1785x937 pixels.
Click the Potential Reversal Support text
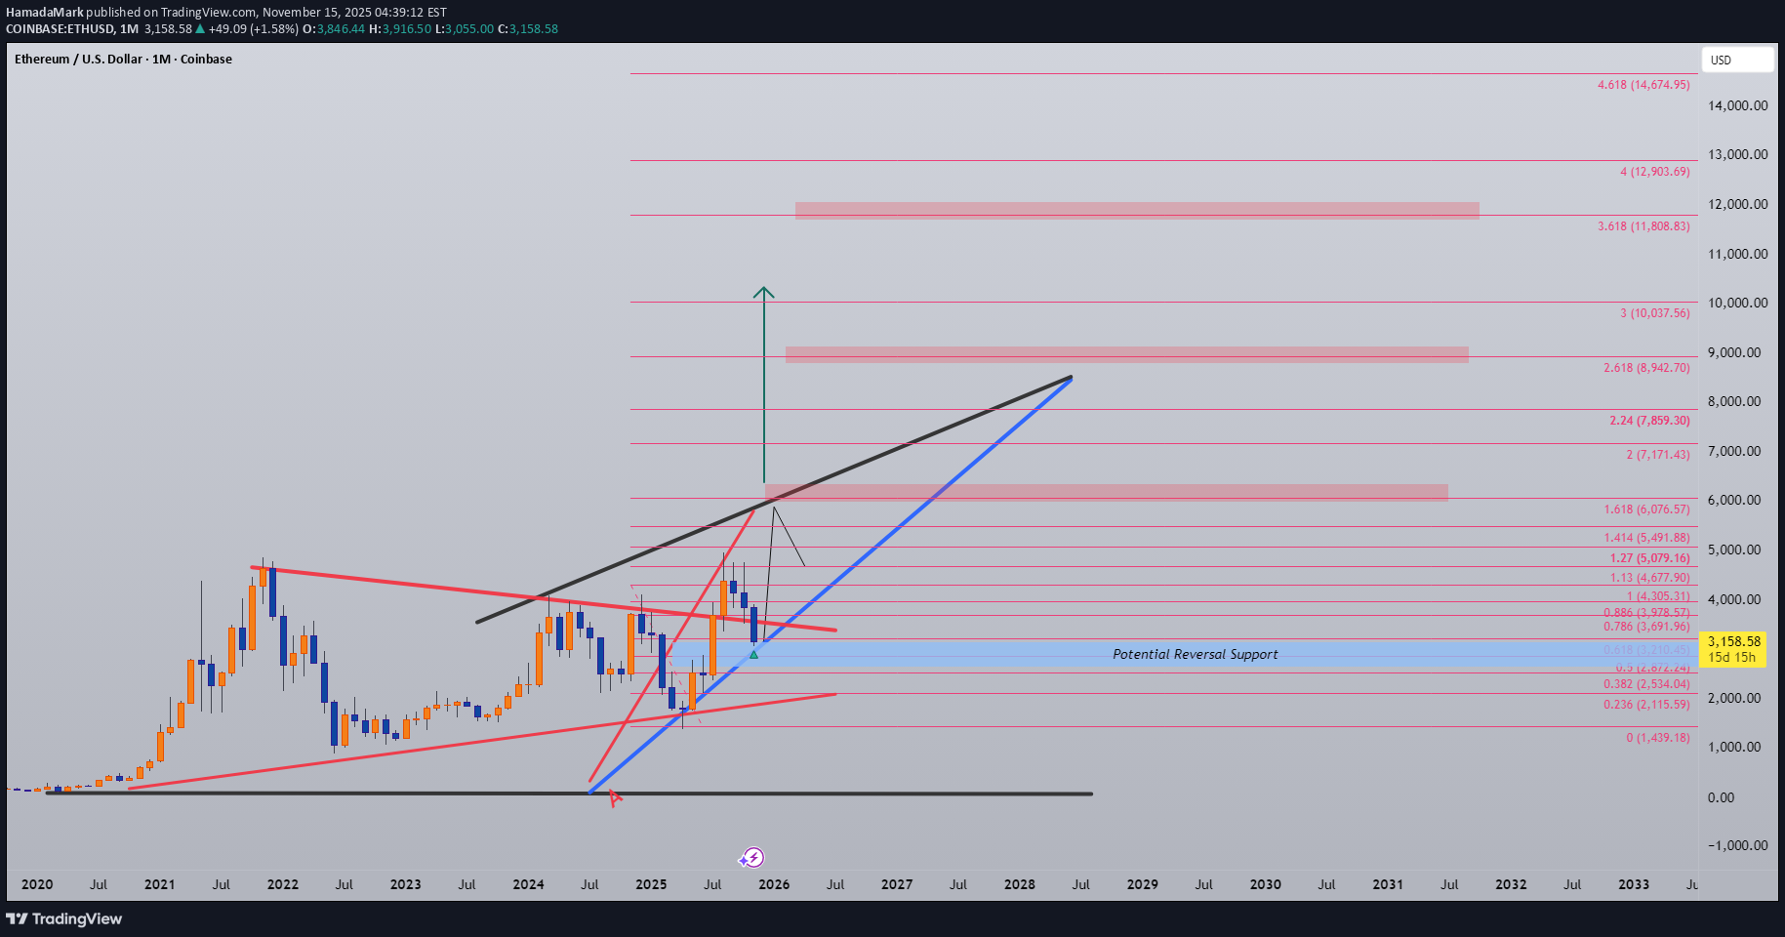point(1195,654)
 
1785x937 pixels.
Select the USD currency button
point(1736,60)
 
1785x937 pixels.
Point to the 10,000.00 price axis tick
point(1737,303)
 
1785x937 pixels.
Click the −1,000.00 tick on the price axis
point(1737,845)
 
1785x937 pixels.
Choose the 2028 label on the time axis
point(1019,884)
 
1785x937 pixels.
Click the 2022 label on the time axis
point(282,884)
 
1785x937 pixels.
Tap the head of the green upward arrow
point(764,292)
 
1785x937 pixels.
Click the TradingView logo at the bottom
point(64,918)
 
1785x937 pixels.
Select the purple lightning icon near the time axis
point(752,858)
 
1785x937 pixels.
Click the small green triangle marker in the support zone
point(753,654)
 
